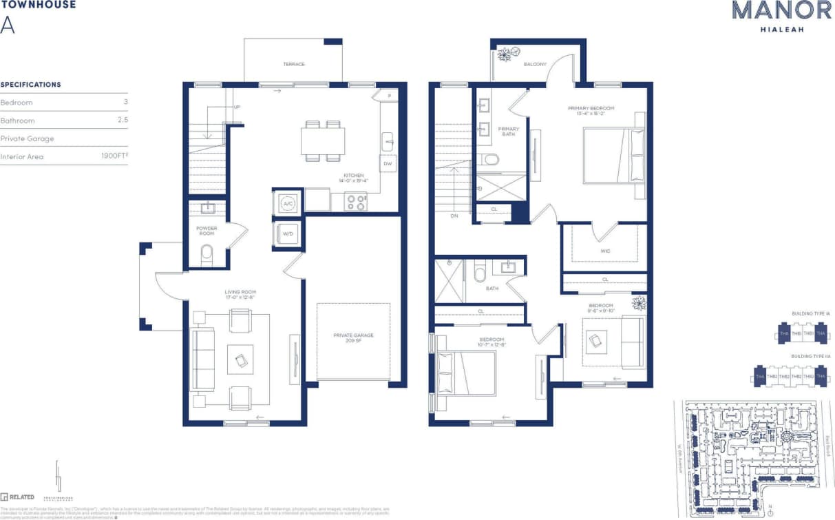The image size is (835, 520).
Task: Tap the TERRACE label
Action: tap(293, 64)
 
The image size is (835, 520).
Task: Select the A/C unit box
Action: tap(287, 202)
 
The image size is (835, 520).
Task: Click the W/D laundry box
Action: tap(288, 234)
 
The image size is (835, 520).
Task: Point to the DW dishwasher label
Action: tap(388, 164)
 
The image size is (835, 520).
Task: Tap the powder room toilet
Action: tap(207, 255)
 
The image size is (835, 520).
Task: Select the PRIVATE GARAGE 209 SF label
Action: tap(353, 337)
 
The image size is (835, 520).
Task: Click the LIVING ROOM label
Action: tap(240, 295)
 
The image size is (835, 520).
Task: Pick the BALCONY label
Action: tap(535, 64)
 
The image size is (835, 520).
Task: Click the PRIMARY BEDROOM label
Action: tap(591, 111)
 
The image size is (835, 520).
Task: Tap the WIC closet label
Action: tap(605, 251)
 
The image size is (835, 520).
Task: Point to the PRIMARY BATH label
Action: tap(509, 132)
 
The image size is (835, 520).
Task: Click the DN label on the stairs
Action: tap(454, 216)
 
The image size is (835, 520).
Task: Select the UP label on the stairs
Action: tap(237, 107)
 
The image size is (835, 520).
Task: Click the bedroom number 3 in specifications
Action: tap(126, 102)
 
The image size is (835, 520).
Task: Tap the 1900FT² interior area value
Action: tap(115, 156)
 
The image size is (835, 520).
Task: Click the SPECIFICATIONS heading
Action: tap(30, 85)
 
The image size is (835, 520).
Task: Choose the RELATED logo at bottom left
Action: tap(18, 497)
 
